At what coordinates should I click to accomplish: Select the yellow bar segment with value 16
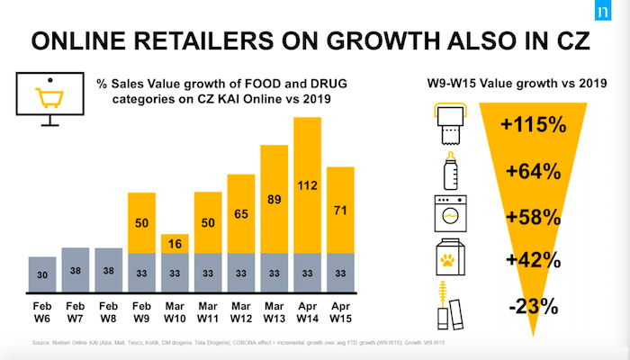(175, 244)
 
